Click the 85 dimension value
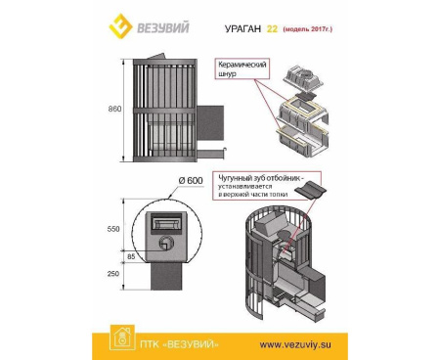[x=130, y=258]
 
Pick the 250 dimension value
[x=114, y=274]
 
